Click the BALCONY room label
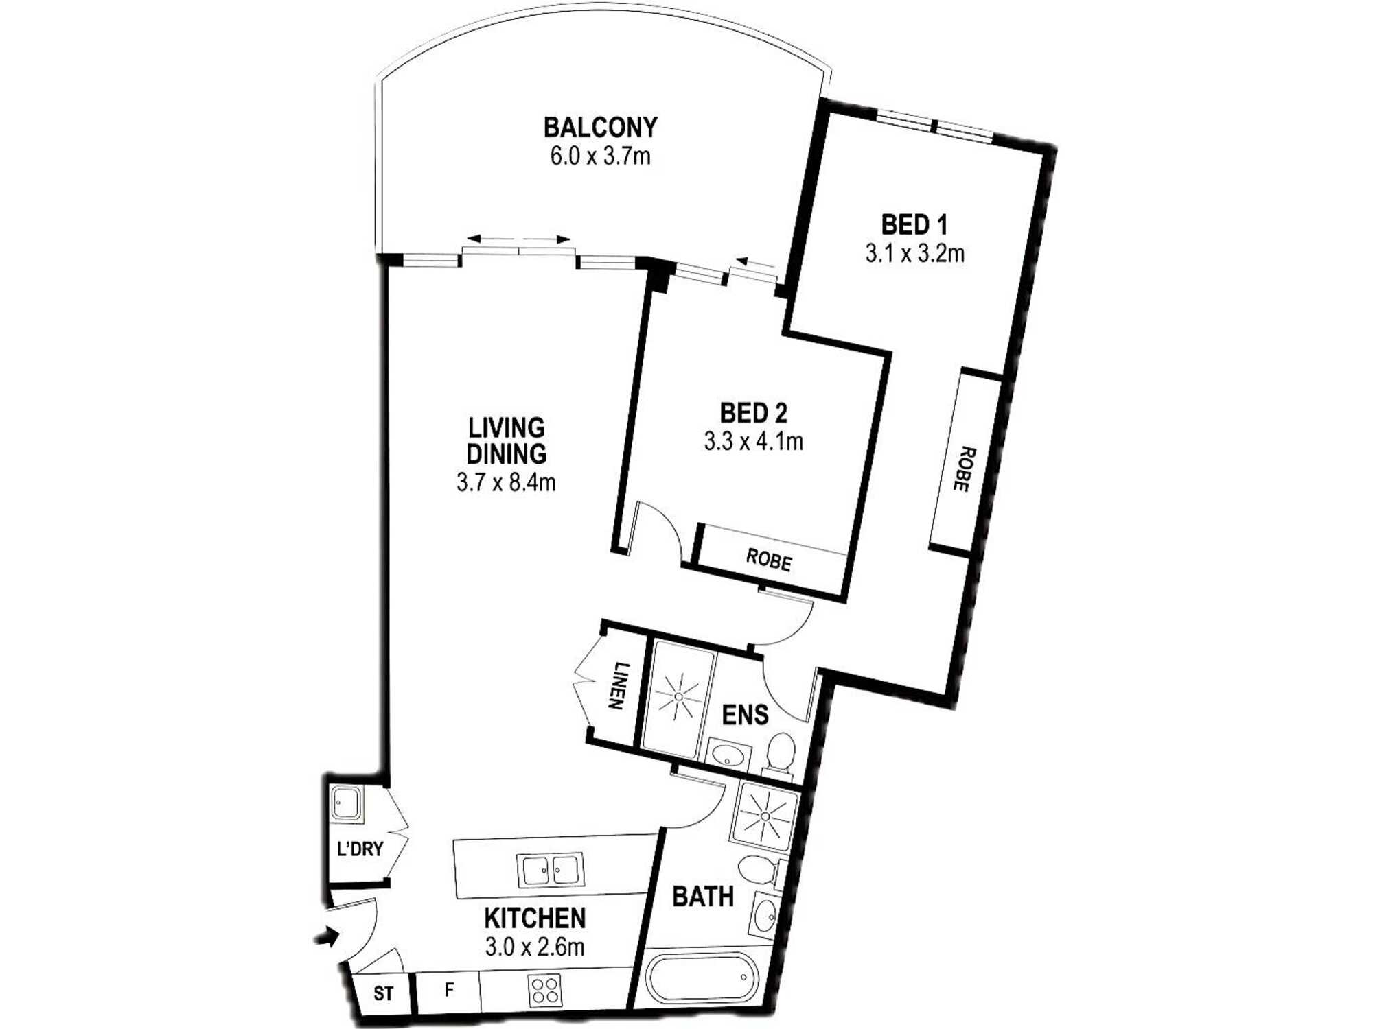pos(601,128)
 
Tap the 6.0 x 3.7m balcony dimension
pos(600,156)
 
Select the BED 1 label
pos(914,224)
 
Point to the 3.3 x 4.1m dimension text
pos(753,441)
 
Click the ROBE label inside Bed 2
pos(769,560)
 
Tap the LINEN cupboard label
pos(619,685)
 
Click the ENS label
pos(745,715)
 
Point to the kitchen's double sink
pos(550,870)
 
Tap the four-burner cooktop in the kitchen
pos(545,991)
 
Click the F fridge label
pos(449,990)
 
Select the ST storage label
pos(384,993)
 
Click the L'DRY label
pos(360,849)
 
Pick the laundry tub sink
pos(346,804)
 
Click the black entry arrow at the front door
pos(327,936)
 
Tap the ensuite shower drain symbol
pos(678,696)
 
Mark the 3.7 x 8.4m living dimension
pos(506,482)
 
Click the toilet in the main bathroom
pos(759,872)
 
